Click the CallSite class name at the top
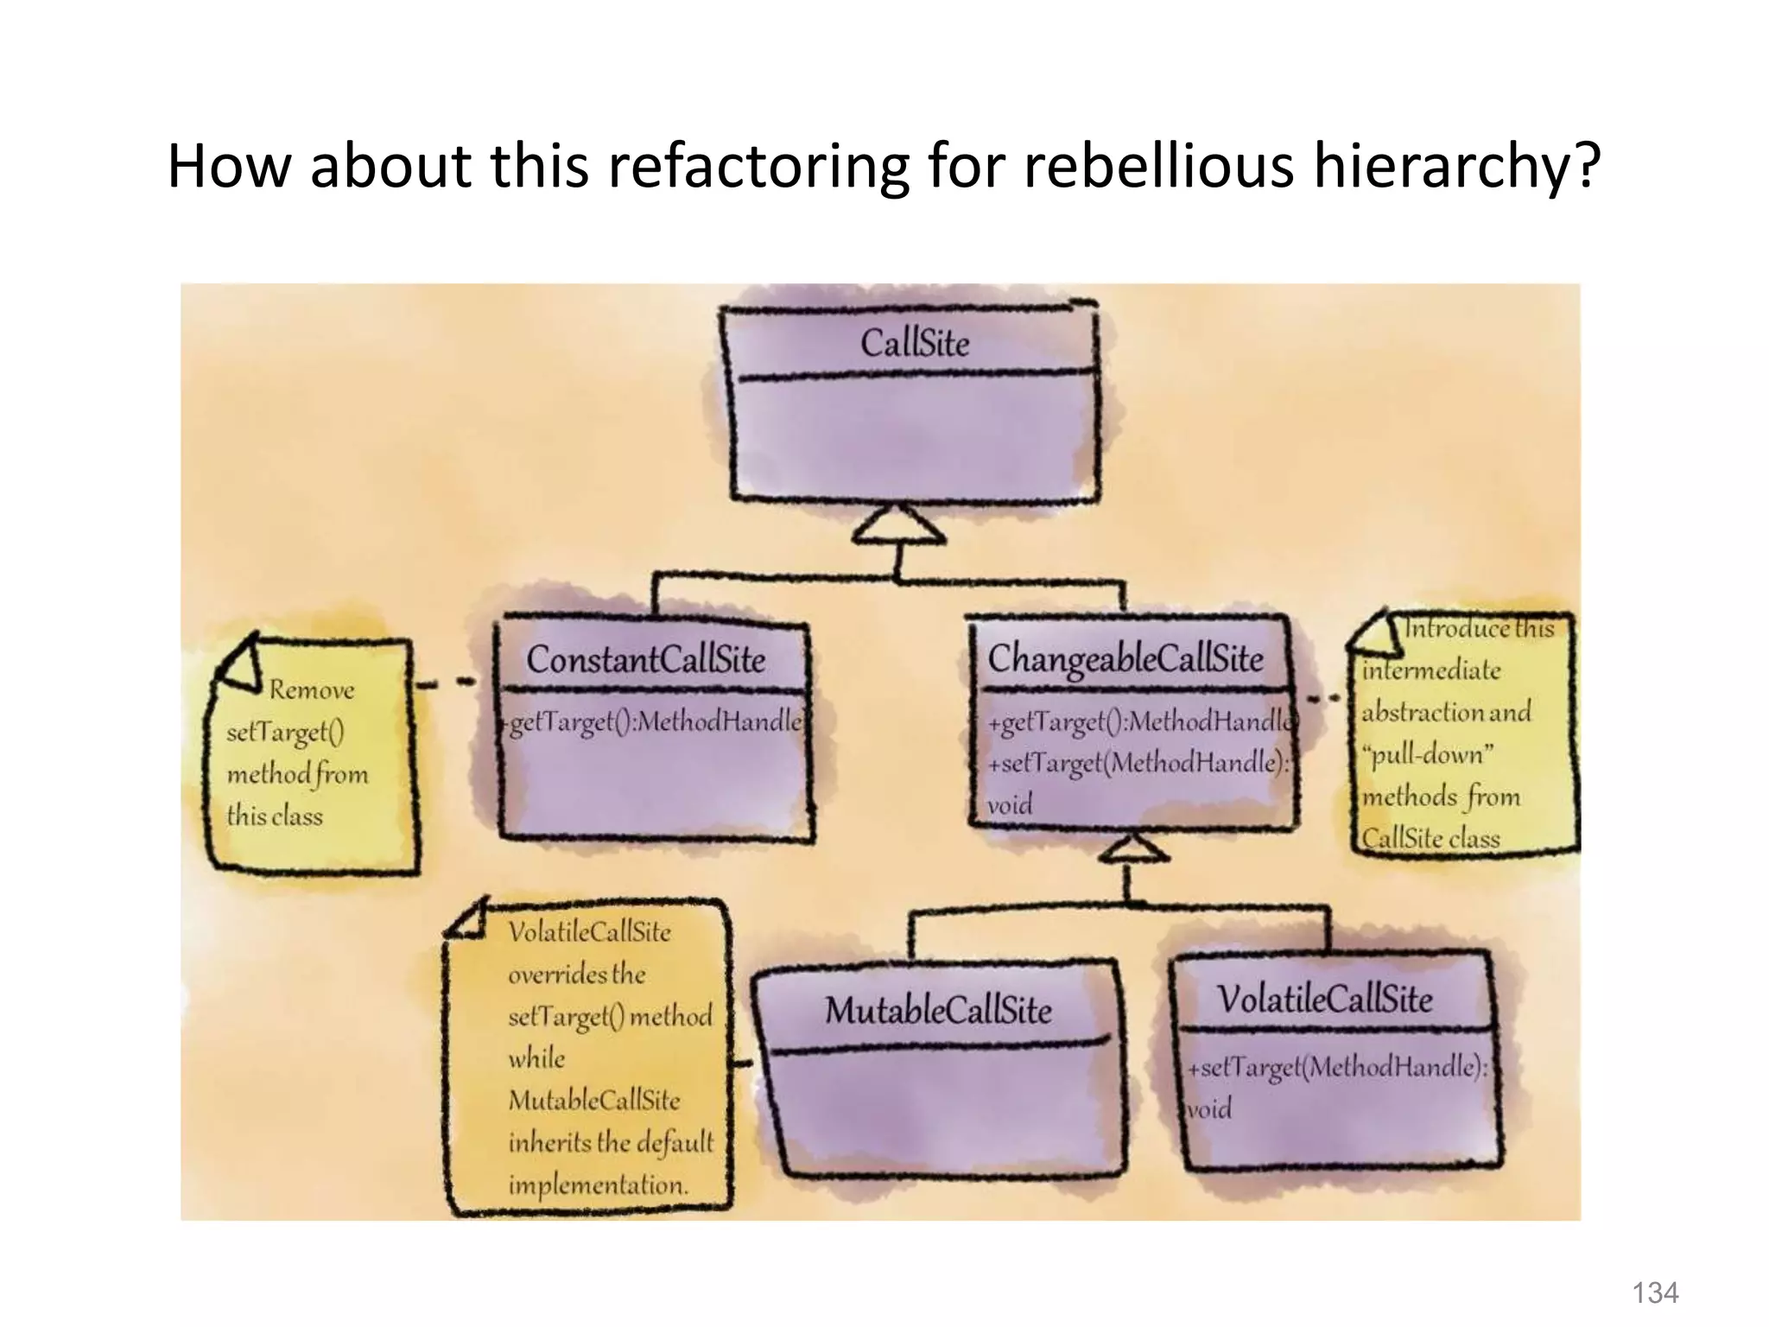pos(915,344)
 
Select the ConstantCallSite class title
pos(645,660)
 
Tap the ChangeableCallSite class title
pos(1125,659)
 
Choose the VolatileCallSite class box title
pos(1324,1000)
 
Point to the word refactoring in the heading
pos(757,166)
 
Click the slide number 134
pos(1654,1292)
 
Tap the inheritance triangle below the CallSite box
pos(899,528)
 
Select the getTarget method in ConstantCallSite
pos(654,721)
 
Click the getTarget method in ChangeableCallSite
pos(1140,721)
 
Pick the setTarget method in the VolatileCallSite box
pos(1337,1068)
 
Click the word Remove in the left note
pos(311,690)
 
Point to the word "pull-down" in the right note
pos(1427,755)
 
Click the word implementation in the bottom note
pos(598,1184)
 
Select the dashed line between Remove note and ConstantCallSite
pos(446,683)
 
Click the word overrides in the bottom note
pos(557,975)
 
